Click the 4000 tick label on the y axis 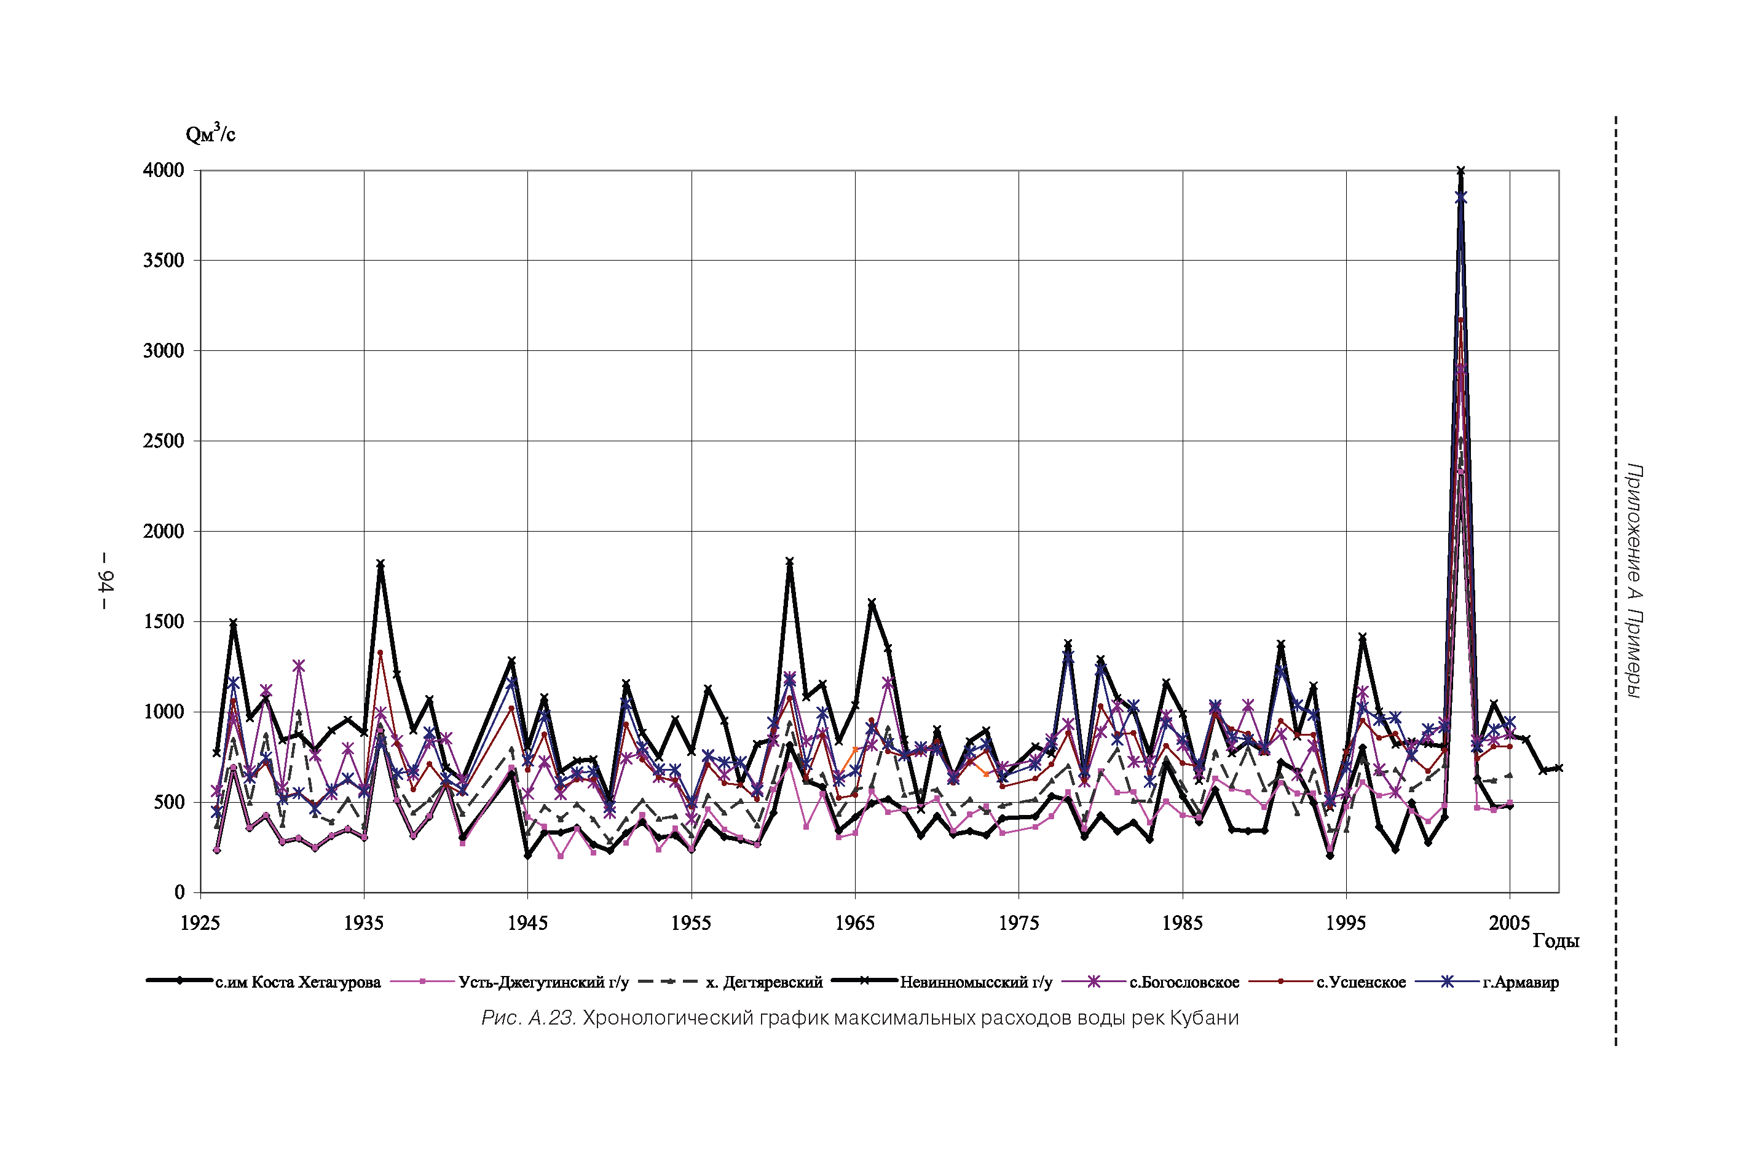pyautogui.click(x=163, y=170)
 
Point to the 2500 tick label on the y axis pyautogui.click(x=163, y=441)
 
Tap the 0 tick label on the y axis pyautogui.click(x=179, y=893)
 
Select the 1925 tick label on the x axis pyautogui.click(x=200, y=923)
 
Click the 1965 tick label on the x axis pyautogui.click(x=854, y=923)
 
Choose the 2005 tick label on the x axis pyautogui.click(x=1509, y=923)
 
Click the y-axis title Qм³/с pyautogui.click(x=210, y=133)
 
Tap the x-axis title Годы pyautogui.click(x=1555, y=941)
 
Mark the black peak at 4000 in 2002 pyautogui.click(x=1460, y=171)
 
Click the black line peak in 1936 pyautogui.click(x=380, y=564)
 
